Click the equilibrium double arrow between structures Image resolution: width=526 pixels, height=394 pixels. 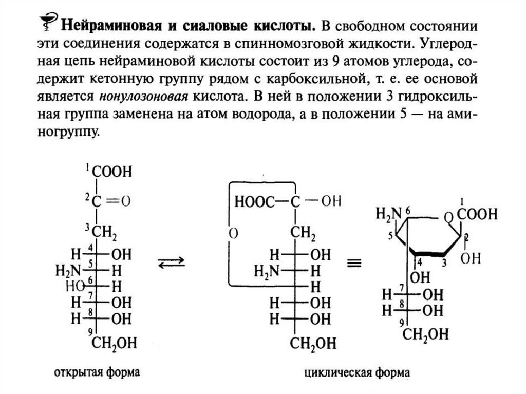point(171,263)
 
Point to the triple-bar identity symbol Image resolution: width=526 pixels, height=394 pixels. point(352,263)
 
